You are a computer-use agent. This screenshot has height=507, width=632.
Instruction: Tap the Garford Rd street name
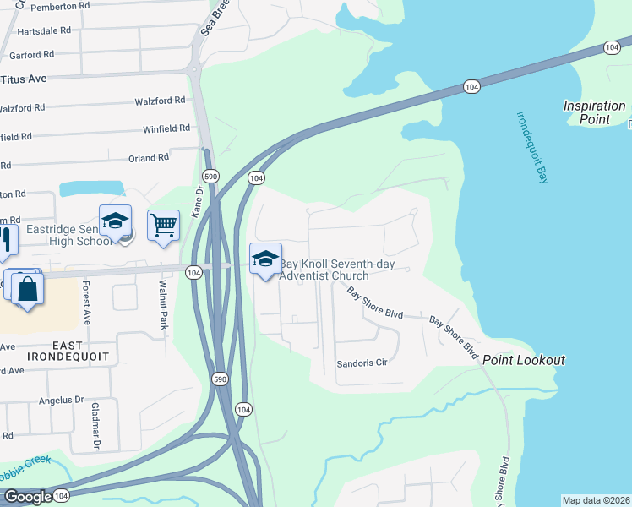point(31,55)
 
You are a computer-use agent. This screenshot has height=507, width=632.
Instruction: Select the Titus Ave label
point(23,79)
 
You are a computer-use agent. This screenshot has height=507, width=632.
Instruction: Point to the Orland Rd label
point(148,158)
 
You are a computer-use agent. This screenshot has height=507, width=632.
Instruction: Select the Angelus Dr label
point(68,400)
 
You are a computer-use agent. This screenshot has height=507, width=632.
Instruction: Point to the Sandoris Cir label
point(362,363)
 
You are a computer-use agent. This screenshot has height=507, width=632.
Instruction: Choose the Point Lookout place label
point(523,360)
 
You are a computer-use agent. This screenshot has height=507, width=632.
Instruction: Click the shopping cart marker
point(163,226)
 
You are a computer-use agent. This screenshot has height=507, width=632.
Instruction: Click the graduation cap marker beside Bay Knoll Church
point(265,259)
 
